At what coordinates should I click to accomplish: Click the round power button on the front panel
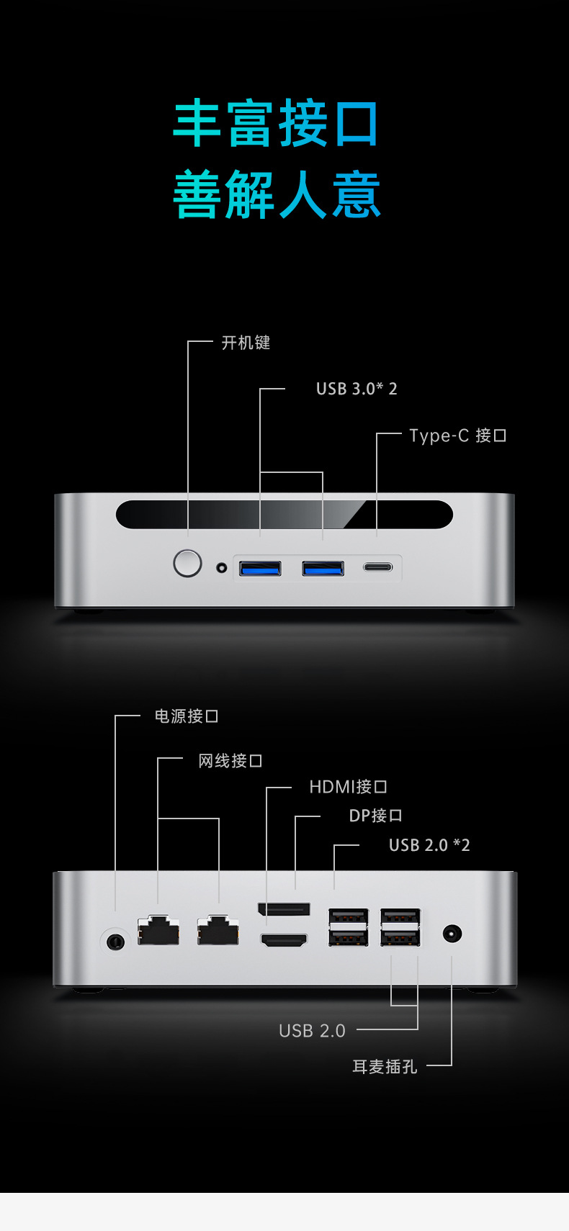click(x=187, y=563)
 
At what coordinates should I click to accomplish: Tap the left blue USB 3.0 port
click(x=260, y=569)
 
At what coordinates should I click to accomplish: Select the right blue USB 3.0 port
click(x=323, y=569)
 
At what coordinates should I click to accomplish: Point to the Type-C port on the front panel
click(x=377, y=567)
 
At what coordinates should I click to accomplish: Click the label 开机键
click(x=246, y=343)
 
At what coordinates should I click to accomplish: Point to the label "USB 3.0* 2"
click(x=357, y=389)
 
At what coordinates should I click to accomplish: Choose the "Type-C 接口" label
click(x=457, y=436)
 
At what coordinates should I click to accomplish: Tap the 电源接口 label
click(x=186, y=716)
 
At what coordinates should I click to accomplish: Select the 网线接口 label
click(x=230, y=761)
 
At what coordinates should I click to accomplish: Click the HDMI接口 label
click(x=348, y=787)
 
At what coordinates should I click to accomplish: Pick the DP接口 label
click(x=375, y=816)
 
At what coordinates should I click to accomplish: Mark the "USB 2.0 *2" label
click(x=429, y=845)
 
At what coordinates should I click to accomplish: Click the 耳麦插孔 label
click(x=385, y=1067)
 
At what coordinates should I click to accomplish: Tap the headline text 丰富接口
click(x=276, y=124)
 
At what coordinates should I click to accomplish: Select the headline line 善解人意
click(x=276, y=194)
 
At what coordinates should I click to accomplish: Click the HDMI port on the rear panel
click(x=284, y=939)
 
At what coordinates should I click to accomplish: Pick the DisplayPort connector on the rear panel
click(x=284, y=909)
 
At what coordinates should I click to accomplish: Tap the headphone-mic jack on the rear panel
click(x=452, y=934)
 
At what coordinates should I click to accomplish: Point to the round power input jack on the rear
click(x=115, y=941)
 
